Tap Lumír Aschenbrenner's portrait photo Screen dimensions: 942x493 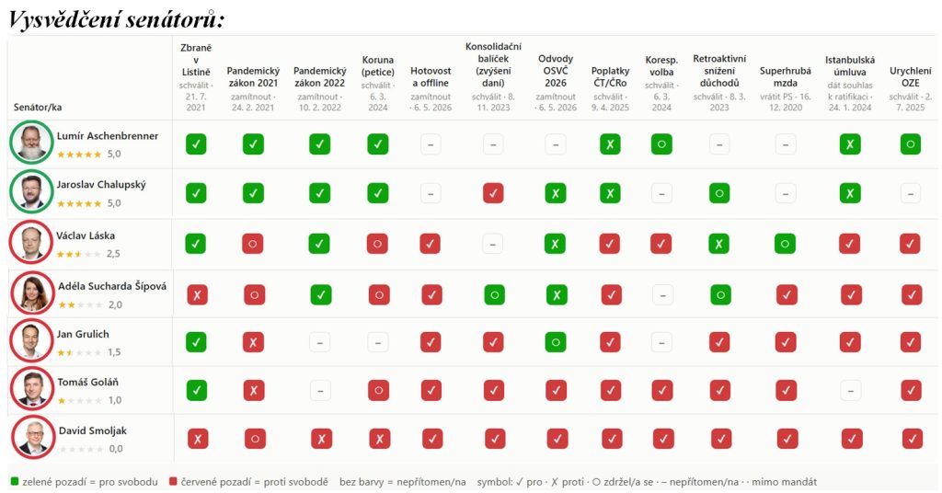32,143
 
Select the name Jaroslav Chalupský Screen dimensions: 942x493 101,185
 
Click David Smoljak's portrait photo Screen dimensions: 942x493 33,438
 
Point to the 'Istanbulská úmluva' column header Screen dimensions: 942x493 849,66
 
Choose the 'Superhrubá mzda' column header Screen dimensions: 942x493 785,77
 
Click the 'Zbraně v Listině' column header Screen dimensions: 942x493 196,60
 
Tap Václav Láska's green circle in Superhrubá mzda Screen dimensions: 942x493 785,243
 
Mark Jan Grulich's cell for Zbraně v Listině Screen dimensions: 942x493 196,341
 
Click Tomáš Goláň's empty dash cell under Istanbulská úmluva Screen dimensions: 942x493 850,390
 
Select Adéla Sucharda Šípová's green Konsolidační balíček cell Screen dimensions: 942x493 494,294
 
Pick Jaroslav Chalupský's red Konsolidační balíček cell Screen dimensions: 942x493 493,193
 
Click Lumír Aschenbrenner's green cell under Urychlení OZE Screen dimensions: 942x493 910,144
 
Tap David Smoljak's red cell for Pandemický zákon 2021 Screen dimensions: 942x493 255,439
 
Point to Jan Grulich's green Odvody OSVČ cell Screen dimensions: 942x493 556,341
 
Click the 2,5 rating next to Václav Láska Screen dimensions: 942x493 113,254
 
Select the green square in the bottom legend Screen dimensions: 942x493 15,482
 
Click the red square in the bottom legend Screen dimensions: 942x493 173,482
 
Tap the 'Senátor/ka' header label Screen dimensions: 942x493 37,107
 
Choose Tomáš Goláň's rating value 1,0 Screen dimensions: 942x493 114,400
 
